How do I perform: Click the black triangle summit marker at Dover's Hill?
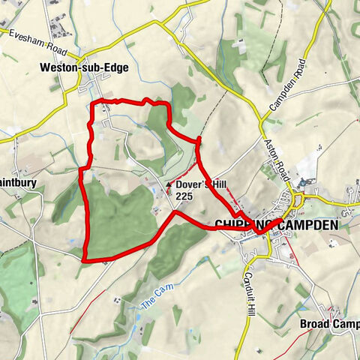click(169, 184)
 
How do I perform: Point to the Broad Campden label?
click(328, 324)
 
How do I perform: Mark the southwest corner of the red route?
click(83, 260)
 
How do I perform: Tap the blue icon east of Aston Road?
click(304, 182)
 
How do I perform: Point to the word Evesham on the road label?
click(24, 37)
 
